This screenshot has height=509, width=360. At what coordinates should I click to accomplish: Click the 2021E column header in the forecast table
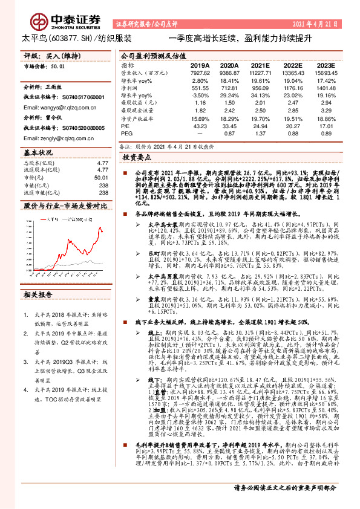tap(260, 65)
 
